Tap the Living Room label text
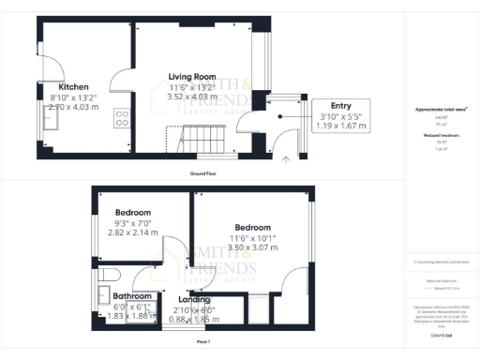192,76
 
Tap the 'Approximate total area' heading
442,109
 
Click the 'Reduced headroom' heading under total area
442,135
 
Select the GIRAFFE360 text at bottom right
442,335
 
